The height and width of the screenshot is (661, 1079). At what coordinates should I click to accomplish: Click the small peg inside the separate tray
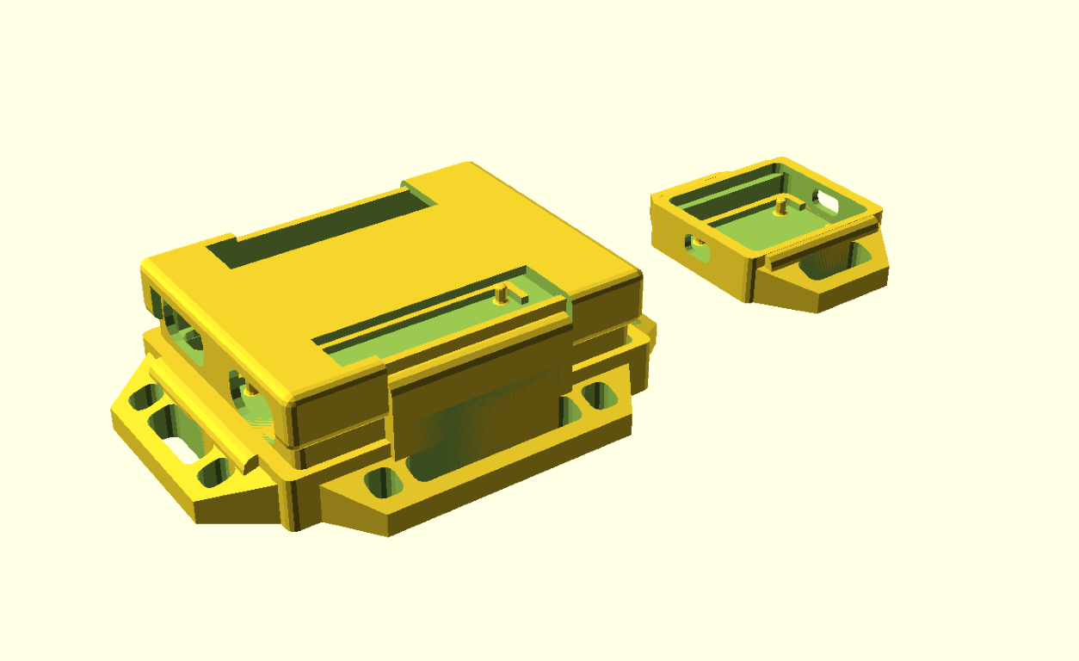pyautogui.click(x=780, y=206)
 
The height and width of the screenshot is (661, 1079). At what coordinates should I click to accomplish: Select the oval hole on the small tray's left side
pyautogui.click(x=694, y=244)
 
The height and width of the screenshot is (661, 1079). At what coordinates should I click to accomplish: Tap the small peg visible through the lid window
pyautogui.click(x=501, y=296)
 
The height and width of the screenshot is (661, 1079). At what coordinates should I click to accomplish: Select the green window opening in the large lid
pyautogui.click(x=430, y=327)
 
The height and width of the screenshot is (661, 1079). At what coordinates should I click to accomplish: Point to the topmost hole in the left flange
pyautogui.click(x=143, y=398)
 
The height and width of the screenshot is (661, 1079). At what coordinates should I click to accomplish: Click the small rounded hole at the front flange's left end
pyautogui.click(x=378, y=482)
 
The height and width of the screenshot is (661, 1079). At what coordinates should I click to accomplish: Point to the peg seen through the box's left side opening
pyautogui.click(x=250, y=389)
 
